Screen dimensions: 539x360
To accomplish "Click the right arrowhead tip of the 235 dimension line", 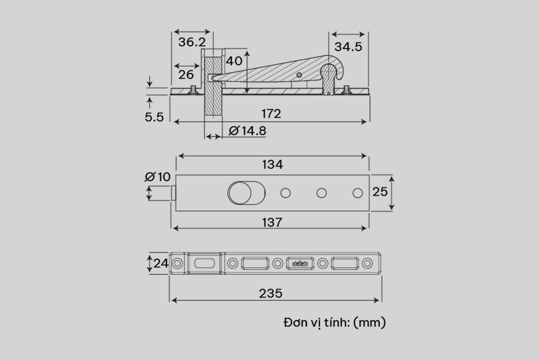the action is pos(379,300).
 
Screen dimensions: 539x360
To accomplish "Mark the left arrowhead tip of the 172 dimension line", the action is pos(174,122).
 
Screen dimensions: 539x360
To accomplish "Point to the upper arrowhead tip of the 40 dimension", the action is pos(247,51).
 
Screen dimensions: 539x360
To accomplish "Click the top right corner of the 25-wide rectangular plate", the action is pos(370,175).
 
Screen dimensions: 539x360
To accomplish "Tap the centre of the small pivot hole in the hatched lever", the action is pos(299,75).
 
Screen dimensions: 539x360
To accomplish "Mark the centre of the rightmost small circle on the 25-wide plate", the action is pos(357,193).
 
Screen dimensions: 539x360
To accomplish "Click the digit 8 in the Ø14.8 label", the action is pos(262,131).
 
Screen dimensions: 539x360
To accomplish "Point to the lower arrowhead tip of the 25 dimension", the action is pos(391,210).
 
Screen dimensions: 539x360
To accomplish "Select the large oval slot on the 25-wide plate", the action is pos(246,193).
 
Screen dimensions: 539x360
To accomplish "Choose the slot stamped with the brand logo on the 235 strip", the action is pos(300,263).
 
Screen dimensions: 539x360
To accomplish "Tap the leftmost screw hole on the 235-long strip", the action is pos(177,263).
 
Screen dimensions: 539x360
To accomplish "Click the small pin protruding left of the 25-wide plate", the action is pos(174,193).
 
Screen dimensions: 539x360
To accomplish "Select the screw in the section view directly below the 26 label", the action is pos(193,90).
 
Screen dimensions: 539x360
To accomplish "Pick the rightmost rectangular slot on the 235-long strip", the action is pos(345,263).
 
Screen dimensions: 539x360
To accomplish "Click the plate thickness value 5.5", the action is pos(154,117).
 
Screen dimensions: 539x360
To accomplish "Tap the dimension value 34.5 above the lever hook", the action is pos(348,47).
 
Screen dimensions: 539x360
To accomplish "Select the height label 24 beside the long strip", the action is pos(161,263).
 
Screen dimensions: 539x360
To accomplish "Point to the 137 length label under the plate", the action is pos(272,222).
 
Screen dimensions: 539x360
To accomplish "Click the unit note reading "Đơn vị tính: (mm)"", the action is pos(335,323).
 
